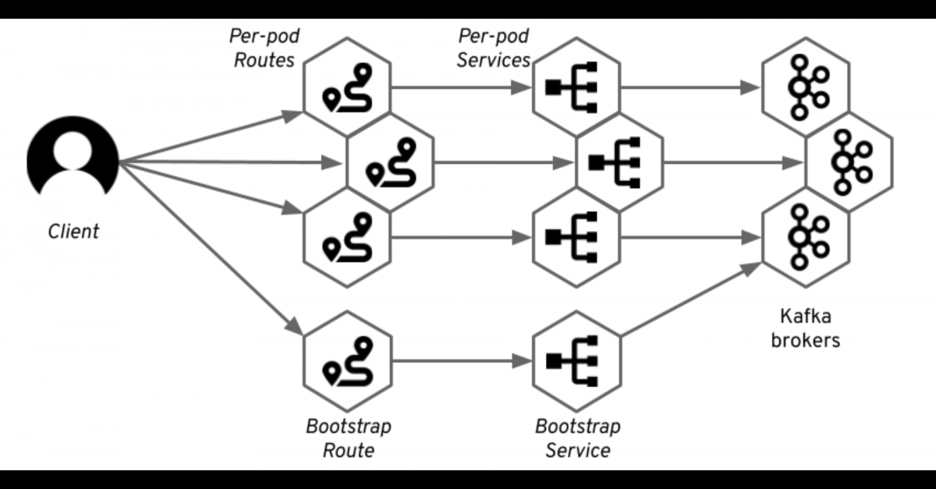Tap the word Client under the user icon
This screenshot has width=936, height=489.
pos(74,231)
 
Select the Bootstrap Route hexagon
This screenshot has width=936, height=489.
pos(347,361)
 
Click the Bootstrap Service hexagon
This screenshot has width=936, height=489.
pos(576,361)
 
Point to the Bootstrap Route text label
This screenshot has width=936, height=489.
pos(348,438)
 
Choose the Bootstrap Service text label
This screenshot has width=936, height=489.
pos(577,438)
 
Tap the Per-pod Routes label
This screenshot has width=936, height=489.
pos(264,48)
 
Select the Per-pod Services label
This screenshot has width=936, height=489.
pos(494,48)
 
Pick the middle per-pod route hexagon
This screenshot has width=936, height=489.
pos(391,162)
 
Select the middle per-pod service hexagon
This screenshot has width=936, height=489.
pos(619,162)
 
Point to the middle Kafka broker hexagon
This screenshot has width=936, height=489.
pos(849,162)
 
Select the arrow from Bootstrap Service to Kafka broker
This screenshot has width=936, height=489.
pos(690,299)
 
